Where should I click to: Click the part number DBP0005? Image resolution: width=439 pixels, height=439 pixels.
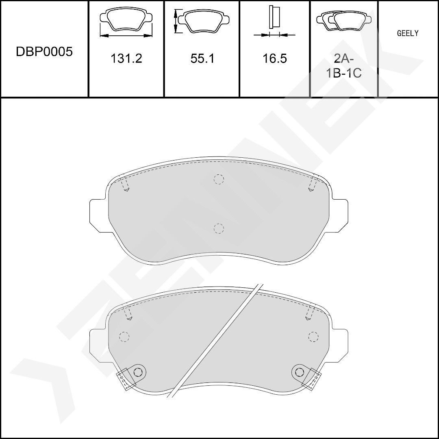44,52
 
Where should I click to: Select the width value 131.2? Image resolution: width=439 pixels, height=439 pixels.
126,59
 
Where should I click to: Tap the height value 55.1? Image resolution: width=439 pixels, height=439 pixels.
202,59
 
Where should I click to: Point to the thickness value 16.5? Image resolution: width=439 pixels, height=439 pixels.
274,59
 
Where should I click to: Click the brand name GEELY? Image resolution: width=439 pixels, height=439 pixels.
408,33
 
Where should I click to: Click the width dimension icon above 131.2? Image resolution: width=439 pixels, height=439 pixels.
126,22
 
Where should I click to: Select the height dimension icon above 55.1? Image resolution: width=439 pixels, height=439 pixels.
202,20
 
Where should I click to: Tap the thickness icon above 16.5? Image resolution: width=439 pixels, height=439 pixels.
274,21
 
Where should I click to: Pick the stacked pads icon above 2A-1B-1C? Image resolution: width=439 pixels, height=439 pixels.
344,20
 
